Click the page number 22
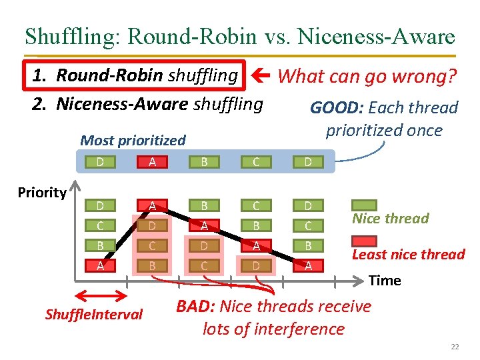tap(455, 347)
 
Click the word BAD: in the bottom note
tap(195, 307)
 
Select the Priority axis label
tap(41, 193)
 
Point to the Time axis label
tap(385, 280)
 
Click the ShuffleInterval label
tap(94, 314)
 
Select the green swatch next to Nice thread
tap(365, 207)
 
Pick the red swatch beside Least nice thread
tap(365, 242)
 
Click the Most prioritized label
tap(133, 141)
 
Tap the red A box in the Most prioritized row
tap(153, 161)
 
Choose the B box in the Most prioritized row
tap(204, 161)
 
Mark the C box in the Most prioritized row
tap(256, 161)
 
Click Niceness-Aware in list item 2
tap(123, 104)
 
